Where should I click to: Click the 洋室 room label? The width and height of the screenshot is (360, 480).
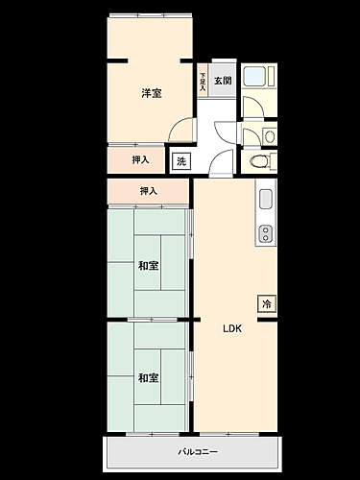click(x=151, y=93)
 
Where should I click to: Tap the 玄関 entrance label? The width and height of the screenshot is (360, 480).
click(x=222, y=81)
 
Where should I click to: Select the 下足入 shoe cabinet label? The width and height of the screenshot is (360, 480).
click(x=203, y=81)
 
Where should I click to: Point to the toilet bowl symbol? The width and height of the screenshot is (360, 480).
click(x=258, y=161)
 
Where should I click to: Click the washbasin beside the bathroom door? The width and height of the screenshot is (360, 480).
click(x=269, y=135)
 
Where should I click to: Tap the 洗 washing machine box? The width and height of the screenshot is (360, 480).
click(x=181, y=161)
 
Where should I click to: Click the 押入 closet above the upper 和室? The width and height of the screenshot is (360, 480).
click(x=149, y=192)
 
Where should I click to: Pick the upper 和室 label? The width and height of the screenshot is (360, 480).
click(x=147, y=266)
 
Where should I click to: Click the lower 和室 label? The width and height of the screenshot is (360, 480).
click(x=147, y=378)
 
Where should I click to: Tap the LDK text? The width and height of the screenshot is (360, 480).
click(x=232, y=328)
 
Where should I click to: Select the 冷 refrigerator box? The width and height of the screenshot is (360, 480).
click(x=266, y=303)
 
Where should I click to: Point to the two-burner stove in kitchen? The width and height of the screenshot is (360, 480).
click(x=266, y=232)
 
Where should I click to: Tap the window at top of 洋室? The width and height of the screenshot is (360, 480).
click(x=149, y=15)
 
